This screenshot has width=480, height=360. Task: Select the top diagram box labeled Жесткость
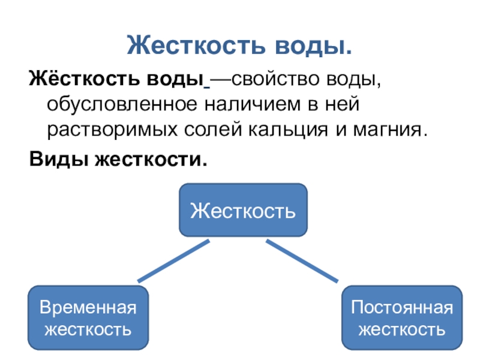tap(243, 210)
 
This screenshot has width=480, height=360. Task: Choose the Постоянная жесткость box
tap(401, 319)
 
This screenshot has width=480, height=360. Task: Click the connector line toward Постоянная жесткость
tap(302, 261)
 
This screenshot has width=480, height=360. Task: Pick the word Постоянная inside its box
tap(401, 308)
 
